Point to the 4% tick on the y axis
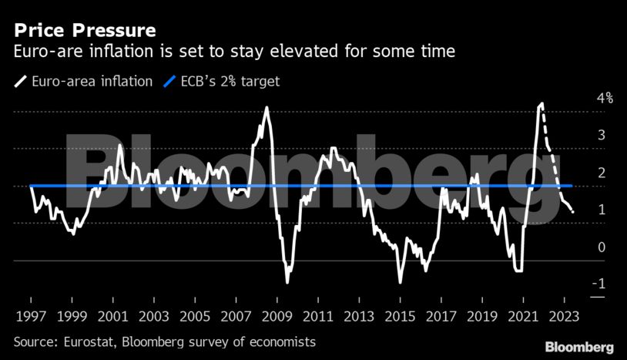[582, 98]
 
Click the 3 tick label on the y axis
[579, 135]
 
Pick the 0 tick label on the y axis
[579, 247]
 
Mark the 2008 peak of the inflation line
[267, 107]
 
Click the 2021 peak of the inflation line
[542, 103]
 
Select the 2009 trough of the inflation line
[287, 282]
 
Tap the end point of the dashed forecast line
[572, 212]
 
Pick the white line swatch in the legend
[19, 81]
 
